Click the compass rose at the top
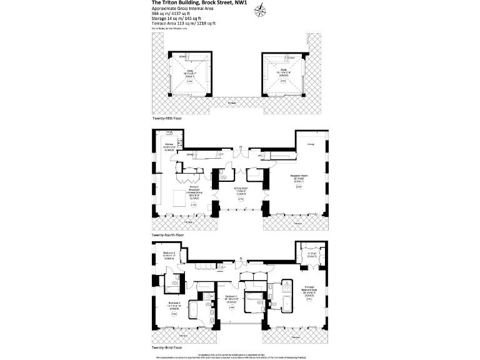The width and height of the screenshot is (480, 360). [x=261, y=9]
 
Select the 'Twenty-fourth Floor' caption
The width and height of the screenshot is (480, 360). [x=168, y=235]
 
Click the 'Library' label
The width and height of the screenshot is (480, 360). [x=311, y=144]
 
